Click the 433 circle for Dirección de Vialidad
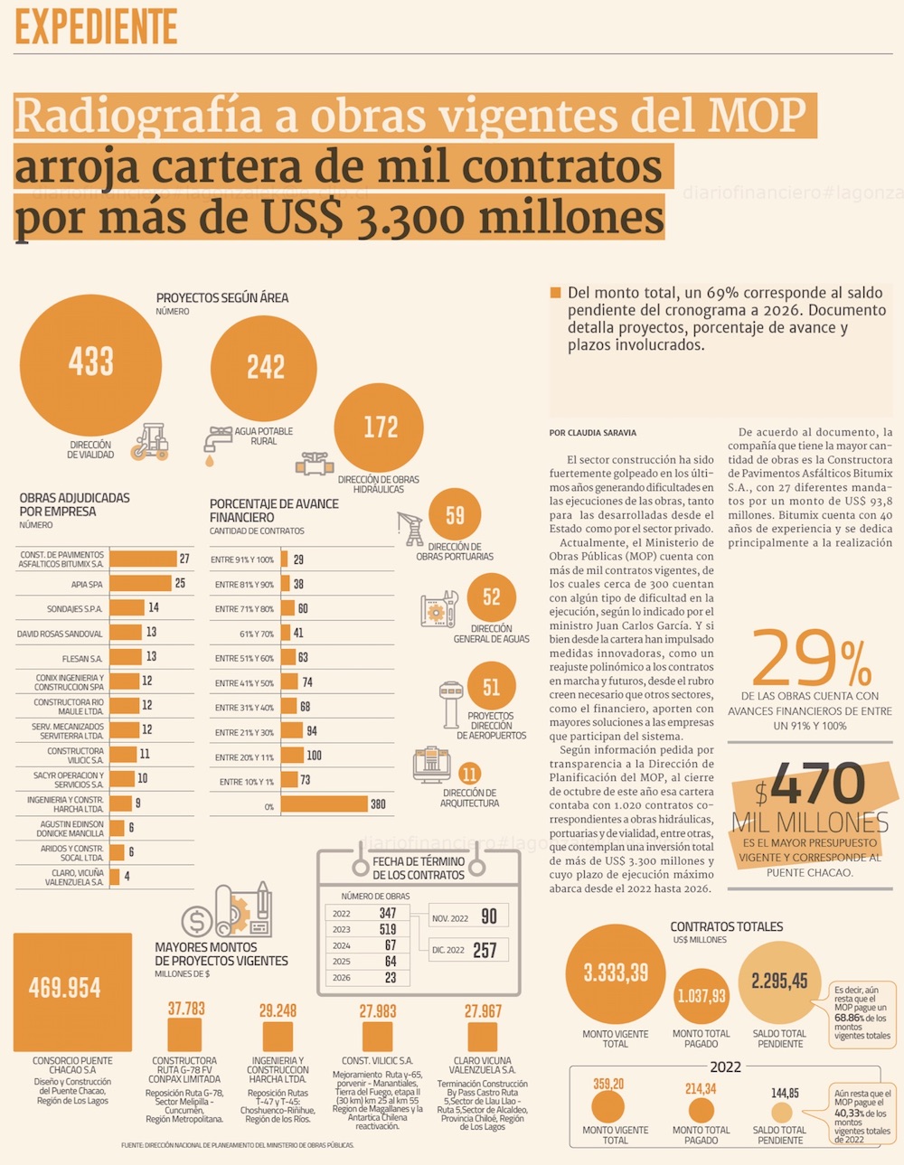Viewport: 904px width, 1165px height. (x=90, y=363)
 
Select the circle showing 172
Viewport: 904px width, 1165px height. (x=381, y=427)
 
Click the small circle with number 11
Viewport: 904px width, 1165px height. (x=469, y=775)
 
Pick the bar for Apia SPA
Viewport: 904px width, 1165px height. (x=141, y=584)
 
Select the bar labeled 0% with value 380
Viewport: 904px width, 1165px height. (x=325, y=804)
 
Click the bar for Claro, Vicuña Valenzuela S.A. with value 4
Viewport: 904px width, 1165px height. (x=115, y=877)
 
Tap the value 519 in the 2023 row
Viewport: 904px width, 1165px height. (x=388, y=929)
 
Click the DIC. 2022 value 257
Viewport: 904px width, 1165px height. (x=485, y=950)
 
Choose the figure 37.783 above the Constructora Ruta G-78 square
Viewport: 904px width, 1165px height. (x=186, y=1009)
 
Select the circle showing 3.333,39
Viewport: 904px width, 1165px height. (x=616, y=973)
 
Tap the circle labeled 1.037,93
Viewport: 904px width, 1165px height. (x=702, y=996)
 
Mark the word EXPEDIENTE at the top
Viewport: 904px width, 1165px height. (x=96, y=27)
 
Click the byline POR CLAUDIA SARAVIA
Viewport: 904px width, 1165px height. (x=592, y=433)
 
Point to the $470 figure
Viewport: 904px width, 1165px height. (x=812, y=784)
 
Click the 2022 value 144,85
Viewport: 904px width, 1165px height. (x=784, y=1094)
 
